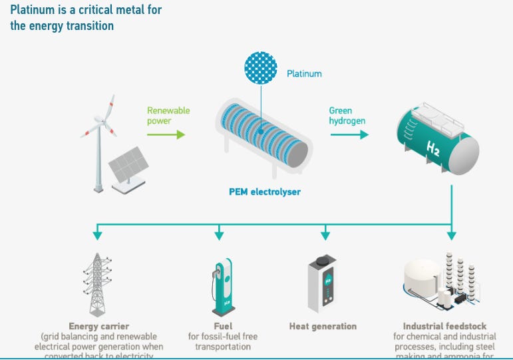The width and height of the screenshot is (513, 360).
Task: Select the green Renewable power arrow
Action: coord(166,134)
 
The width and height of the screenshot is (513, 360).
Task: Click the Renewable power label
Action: coord(168,115)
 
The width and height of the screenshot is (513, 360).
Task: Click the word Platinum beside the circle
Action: coord(303,73)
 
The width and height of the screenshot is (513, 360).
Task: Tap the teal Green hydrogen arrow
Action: coord(349,134)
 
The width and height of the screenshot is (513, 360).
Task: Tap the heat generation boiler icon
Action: coord(325,283)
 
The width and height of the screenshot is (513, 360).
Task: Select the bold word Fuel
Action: coord(223,327)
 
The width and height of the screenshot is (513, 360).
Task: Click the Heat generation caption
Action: coord(323,327)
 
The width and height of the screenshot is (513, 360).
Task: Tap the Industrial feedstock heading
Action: coord(445,327)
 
